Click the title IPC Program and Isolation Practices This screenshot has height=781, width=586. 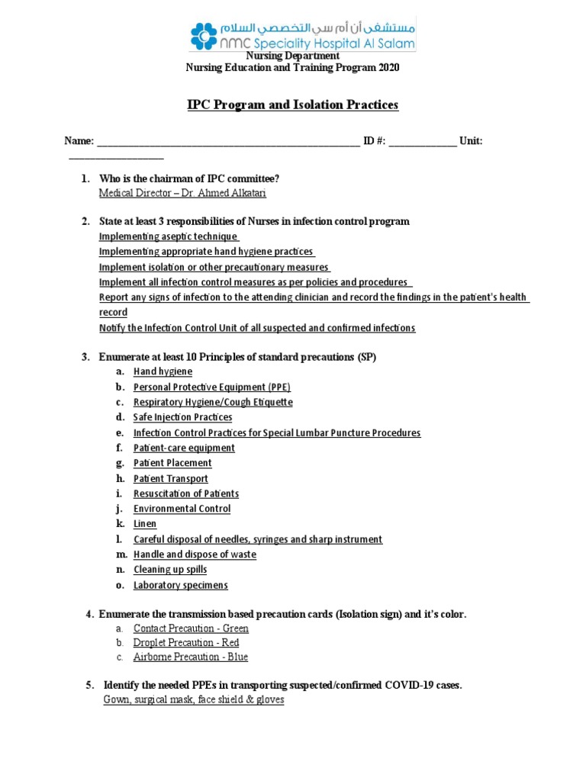[293, 104]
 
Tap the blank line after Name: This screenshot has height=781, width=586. [228, 142]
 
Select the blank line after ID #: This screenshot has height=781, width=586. [423, 142]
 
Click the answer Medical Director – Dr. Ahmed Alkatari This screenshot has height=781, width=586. [182, 194]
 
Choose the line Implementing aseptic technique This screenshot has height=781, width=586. [169, 236]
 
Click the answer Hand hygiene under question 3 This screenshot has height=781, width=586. [163, 371]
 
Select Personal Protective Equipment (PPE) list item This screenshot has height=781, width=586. [211, 387]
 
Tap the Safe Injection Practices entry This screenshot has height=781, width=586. [182, 417]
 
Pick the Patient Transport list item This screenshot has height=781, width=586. [170, 478]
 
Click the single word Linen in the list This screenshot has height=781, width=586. [145, 524]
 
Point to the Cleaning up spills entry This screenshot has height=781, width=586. [169, 570]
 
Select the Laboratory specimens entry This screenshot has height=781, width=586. [180, 585]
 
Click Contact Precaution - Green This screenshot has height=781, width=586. [191, 628]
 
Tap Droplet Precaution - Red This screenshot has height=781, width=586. [186, 643]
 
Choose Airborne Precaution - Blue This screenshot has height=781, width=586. [190, 657]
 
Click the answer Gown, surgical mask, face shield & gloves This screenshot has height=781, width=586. [194, 699]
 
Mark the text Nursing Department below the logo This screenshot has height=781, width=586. [292, 56]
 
